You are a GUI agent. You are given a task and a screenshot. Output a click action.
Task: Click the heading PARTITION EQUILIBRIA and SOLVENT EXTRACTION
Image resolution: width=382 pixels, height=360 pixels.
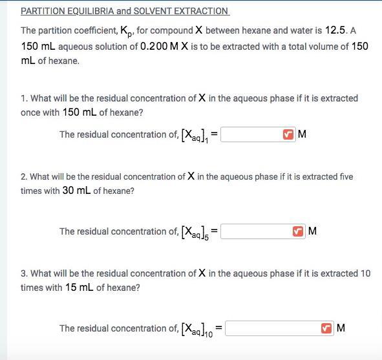(125, 11)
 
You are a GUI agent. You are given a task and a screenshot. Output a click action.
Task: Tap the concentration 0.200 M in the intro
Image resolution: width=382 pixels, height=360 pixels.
(161, 46)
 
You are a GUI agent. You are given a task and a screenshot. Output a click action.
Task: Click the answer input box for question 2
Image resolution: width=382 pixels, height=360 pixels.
(256, 231)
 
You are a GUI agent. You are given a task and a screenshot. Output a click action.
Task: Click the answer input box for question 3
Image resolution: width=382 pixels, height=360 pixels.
(272, 328)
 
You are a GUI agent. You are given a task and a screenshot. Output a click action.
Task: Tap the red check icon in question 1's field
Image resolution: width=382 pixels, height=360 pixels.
(288, 134)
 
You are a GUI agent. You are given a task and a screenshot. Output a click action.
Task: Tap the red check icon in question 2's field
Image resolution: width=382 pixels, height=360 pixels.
(298, 231)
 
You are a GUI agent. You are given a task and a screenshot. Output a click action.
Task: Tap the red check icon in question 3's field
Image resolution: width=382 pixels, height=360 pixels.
(326, 328)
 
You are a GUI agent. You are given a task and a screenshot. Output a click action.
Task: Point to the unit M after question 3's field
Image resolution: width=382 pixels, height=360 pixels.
(341, 328)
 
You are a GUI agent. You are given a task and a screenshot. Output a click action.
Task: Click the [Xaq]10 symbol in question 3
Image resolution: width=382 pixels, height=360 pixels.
(198, 329)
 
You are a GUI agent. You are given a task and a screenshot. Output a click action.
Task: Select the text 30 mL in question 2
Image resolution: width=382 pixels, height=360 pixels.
(76, 191)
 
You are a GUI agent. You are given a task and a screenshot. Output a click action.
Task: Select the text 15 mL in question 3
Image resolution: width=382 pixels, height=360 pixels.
(80, 288)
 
